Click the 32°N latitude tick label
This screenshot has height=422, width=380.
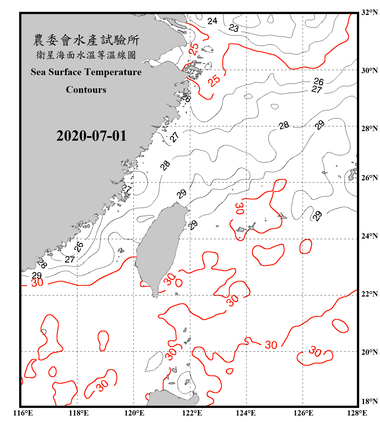pyautogui.click(x=369, y=12)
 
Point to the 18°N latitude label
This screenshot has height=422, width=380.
pyautogui.click(x=369, y=401)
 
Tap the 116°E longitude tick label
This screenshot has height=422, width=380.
pyautogui.click(x=23, y=413)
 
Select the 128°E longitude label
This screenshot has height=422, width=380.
pyautogui.click(x=357, y=413)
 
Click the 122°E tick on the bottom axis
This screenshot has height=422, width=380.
pyautogui.click(x=192, y=413)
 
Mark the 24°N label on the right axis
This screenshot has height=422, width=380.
pyautogui.click(x=369, y=236)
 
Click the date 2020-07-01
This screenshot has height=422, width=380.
pyautogui.click(x=91, y=136)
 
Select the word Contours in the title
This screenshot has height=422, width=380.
pyautogui.click(x=86, y=90)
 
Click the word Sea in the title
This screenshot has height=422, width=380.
pyautogui.click(x=39, y=72)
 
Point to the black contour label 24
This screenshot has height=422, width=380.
pyautogui.click(x=212, y=21)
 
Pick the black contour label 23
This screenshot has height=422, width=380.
pyautogui.click(x=234, y=28)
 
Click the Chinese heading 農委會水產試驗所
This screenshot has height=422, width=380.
pyautogui.click(x=86, y=40)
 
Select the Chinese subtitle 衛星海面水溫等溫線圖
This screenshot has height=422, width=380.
pyautogui.click(x=86, y=55)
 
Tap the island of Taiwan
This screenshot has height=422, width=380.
pyautogui.click(x=160, y=248)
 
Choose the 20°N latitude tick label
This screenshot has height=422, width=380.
pyautogui.click(x=369, y=352)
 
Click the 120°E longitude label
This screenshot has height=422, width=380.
pyautogui.click(x=134, y=413)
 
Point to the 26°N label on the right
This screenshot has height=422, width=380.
pyautogui.click(x=369, y=178)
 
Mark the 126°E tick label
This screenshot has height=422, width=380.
pyautogui.click(x=303, y=413)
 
